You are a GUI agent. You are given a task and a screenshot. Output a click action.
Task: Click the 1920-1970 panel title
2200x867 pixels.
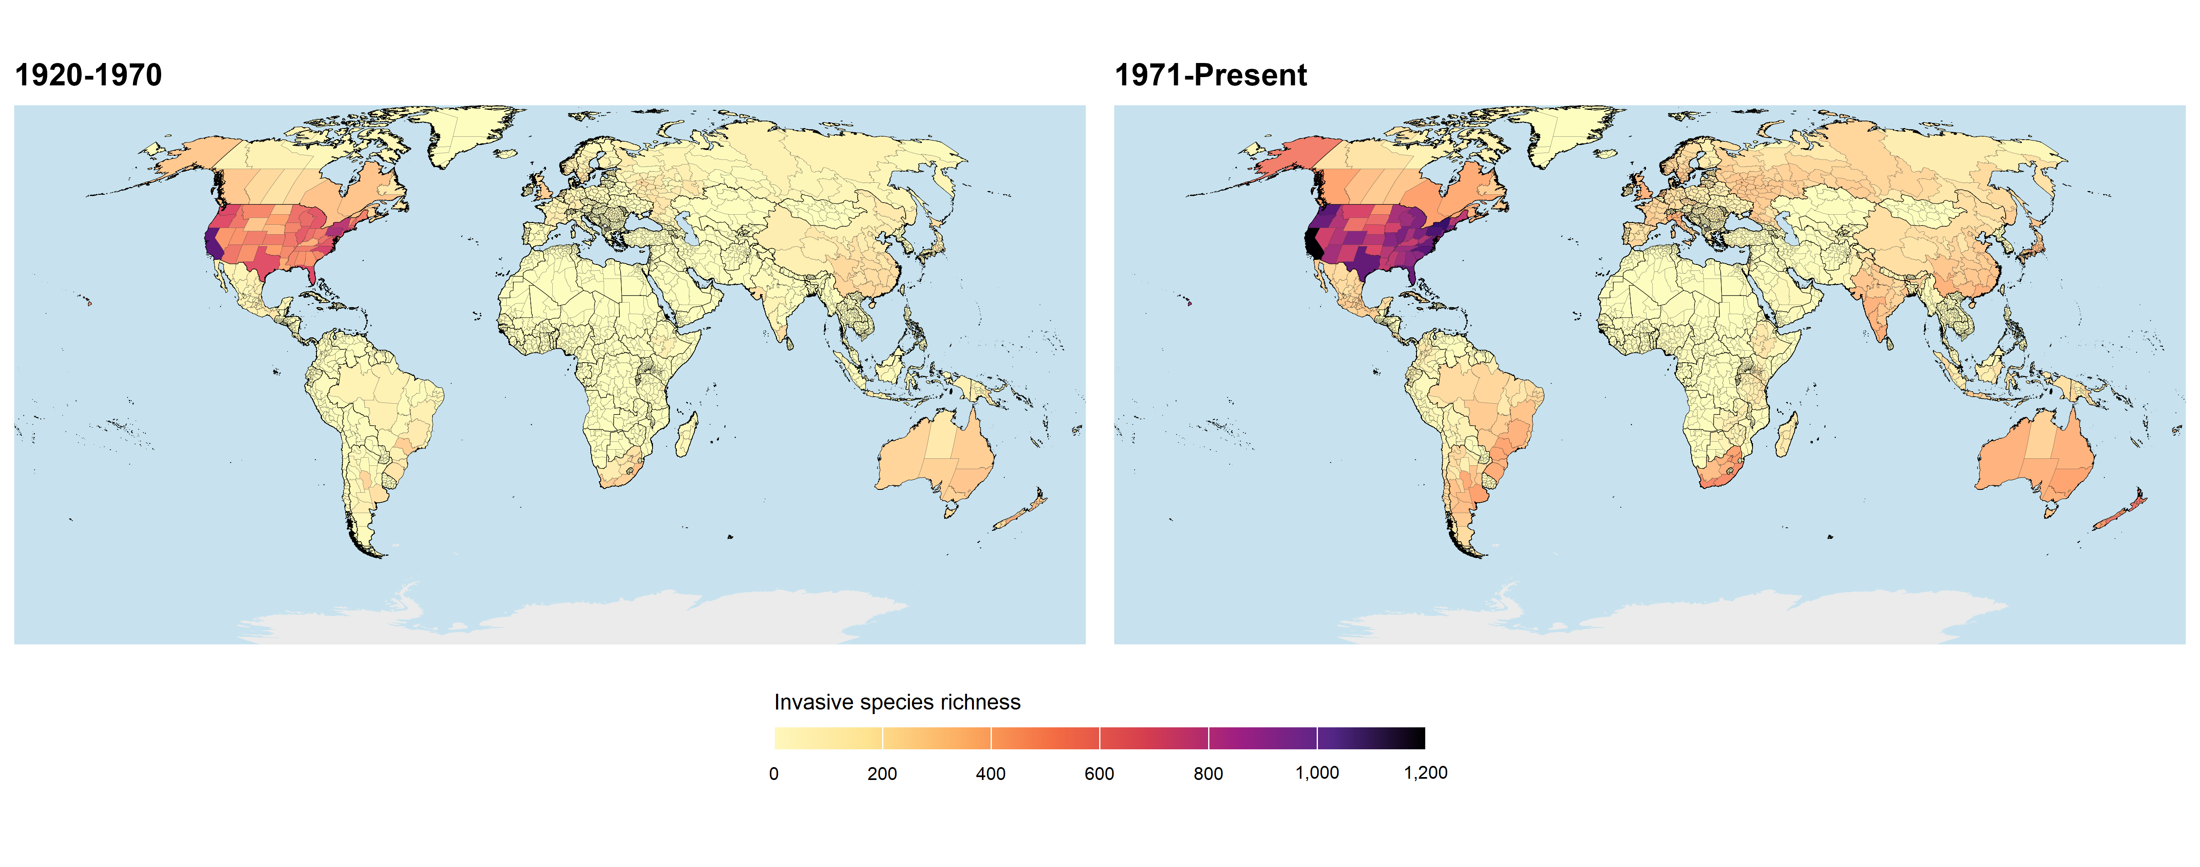[89, 75]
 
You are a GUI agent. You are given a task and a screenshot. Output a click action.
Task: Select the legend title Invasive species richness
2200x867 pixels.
[897, 702]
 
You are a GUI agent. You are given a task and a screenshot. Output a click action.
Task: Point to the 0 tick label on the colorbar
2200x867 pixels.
[774, 774]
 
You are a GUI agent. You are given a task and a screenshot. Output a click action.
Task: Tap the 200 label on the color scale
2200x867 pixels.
[882, 774]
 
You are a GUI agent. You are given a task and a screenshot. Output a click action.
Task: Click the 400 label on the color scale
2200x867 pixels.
[991, 774]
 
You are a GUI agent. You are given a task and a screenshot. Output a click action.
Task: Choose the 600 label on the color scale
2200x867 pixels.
[1099, 774]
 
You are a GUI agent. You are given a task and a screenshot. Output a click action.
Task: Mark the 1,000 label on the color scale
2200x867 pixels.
[1317, 773]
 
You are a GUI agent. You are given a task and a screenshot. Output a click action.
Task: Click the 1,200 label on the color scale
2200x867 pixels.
[1425, 773]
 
